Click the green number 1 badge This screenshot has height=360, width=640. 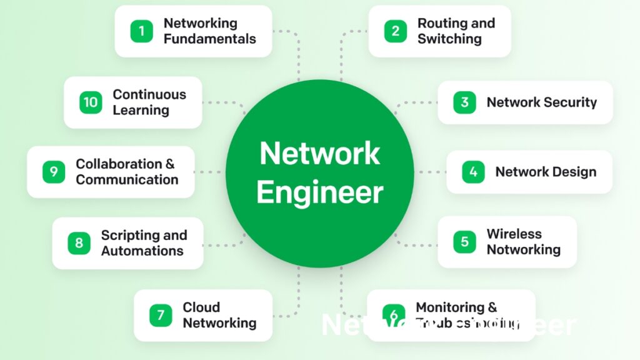[x=142, y=31]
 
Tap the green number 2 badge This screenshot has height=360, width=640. [x=395, y=31]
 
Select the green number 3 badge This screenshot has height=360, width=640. [x=464, y=102]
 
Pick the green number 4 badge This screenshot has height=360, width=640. [x=473, y=172]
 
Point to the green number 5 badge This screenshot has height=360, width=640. [x=464, y=242]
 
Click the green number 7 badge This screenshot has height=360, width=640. [x=161, y=315]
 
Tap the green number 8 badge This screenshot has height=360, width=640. [x=79, y=243]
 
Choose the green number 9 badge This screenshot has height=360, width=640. [x=54, y=172]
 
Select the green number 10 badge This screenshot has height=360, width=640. [x=91, y=102]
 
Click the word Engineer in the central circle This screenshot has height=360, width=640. [x=319, y=192]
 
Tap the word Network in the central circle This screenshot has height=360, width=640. [x=319, y=153]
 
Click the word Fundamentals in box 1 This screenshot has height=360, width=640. [x=209, y=39]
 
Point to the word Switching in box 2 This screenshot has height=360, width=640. [x=449, y=39]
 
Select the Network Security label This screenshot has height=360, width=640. [x=541, y=102]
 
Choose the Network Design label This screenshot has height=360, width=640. [x=545, y=172]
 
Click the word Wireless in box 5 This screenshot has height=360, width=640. [x=514, y=234]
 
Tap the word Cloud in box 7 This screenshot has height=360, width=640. [x=201, y=307]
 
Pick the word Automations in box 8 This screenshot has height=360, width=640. [x=142, y=251]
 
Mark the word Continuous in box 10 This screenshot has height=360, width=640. [x=149, y=94]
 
